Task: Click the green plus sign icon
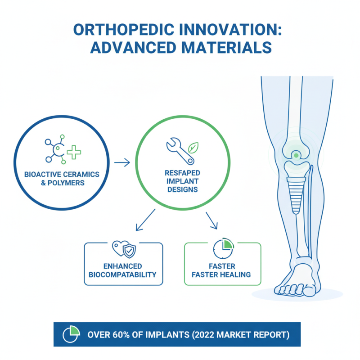point(73,153)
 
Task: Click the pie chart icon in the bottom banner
point(71,334)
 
